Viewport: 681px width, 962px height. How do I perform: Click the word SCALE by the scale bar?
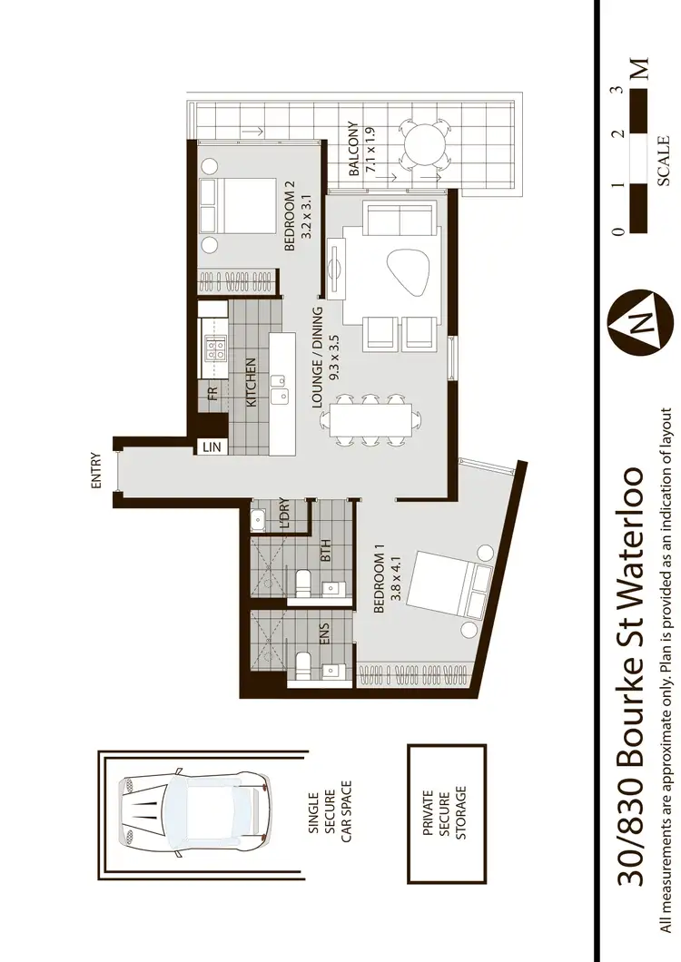[664, 161]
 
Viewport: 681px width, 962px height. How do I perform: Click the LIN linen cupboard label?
[212, 447]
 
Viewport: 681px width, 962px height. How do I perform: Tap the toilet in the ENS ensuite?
[304, 661]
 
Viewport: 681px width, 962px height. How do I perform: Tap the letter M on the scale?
[641, 69]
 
